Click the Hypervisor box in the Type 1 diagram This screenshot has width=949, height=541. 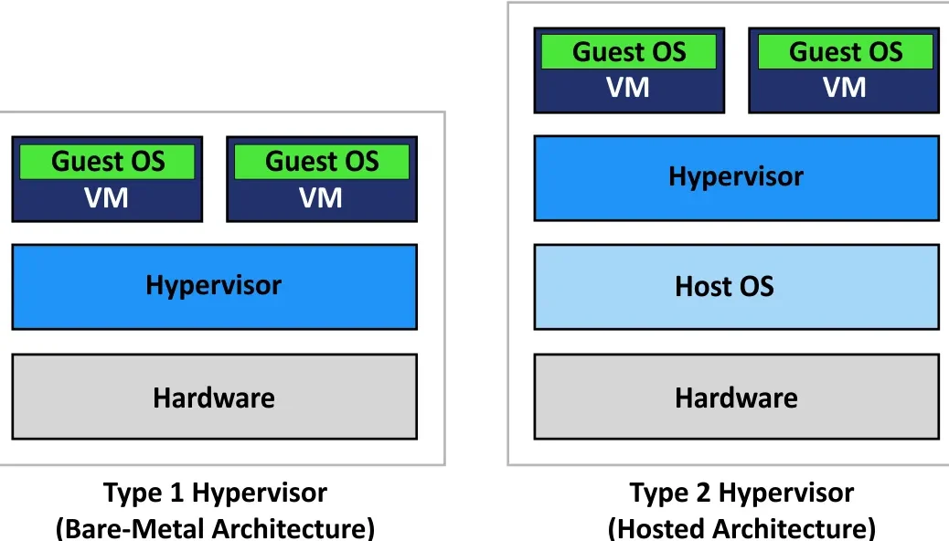tap(214, 286)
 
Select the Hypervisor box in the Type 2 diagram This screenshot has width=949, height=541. tap(736, 177)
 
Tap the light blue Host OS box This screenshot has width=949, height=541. tap(736, 287)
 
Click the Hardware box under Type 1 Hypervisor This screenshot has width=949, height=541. tap(214, 398)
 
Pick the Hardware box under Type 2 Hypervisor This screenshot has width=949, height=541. tap(736, 398)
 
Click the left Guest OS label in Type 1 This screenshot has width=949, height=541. tap(108, 162)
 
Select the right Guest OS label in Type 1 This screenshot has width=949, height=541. tap(322, 162)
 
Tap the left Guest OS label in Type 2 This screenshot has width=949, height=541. tap(629, 52)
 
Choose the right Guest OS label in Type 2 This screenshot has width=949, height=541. tap(846, 52)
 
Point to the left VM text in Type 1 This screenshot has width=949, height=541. tap(107, 198)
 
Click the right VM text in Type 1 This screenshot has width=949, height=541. tap(321, 198)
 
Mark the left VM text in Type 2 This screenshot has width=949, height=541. tap(628, 89)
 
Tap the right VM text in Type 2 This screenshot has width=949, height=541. tap(845, 89)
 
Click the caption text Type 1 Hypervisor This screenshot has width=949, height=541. tap(215, 494)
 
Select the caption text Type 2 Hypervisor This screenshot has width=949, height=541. tap(741, 494)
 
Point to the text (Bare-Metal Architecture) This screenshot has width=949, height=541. tap(215, 528)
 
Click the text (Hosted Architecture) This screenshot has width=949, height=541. tap(741, 528)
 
